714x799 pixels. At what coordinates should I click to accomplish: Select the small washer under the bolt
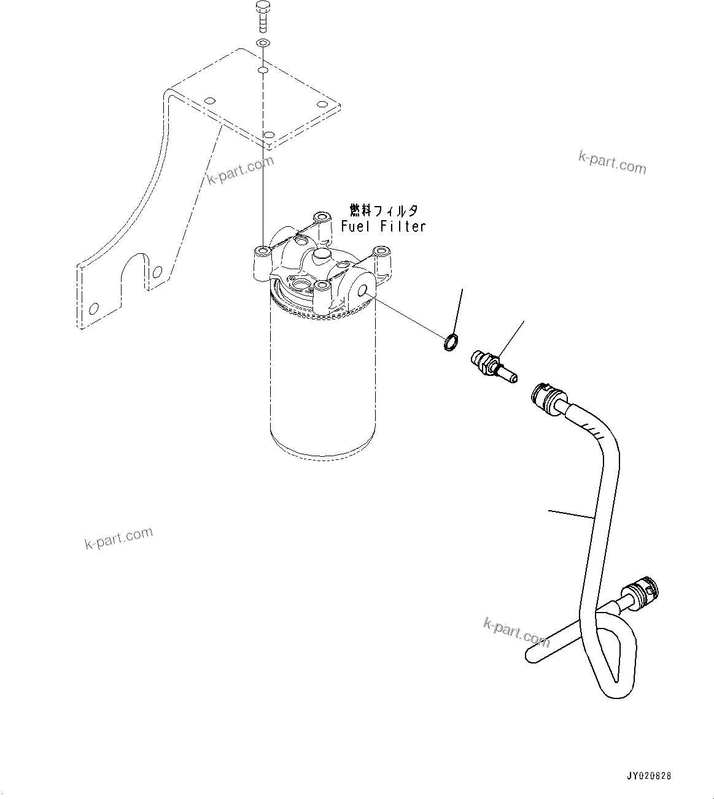point(262,44)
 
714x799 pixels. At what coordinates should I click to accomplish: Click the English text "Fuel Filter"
point(383,226)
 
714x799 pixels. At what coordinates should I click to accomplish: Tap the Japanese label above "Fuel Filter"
point(384,211)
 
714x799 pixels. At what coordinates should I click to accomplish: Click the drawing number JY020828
point(648,776)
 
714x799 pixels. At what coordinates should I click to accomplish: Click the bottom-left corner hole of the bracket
point(93,308)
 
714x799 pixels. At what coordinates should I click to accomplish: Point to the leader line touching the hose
point(571,514)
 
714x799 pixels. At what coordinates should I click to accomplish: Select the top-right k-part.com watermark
point(611,162)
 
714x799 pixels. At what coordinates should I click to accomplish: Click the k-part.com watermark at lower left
point(118,538)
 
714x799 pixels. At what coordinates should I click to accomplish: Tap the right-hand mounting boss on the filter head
point(383,253)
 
